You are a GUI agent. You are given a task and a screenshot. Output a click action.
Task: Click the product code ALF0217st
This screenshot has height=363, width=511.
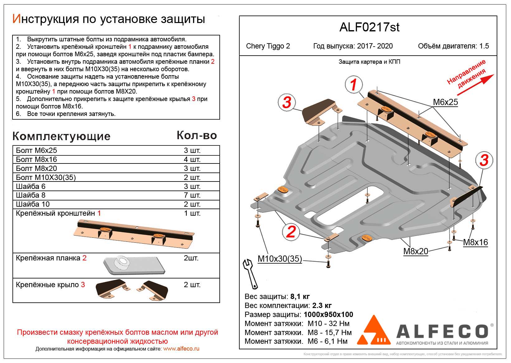click(369, 28)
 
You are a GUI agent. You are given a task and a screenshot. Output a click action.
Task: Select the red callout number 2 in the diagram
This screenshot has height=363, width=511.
click(290, 232)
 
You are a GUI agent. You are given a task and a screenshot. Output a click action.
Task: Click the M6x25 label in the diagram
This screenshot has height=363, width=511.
click(445, 102)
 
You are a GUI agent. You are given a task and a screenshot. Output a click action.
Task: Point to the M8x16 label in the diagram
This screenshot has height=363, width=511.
click(475, 242)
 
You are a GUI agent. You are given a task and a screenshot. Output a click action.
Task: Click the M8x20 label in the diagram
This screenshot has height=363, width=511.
click(416, 251)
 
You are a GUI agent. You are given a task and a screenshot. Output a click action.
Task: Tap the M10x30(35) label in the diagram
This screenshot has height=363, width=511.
click(279, 259)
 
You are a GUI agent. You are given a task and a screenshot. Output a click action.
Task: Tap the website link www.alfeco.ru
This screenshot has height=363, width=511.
click(181, 349)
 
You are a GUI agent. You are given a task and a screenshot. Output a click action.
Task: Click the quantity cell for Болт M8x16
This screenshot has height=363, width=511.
click(192, 159)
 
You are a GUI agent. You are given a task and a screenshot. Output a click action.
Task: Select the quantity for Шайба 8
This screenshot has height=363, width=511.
click(192, 195)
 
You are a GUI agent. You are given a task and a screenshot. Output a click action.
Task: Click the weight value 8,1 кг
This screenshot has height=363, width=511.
click(300, 296)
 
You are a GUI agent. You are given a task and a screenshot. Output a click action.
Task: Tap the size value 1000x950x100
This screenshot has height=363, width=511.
click(328, 315)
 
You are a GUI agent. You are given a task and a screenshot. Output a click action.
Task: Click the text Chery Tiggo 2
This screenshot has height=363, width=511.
click(268, 46)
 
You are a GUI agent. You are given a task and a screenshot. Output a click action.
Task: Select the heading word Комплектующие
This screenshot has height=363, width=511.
click(61, 136)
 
